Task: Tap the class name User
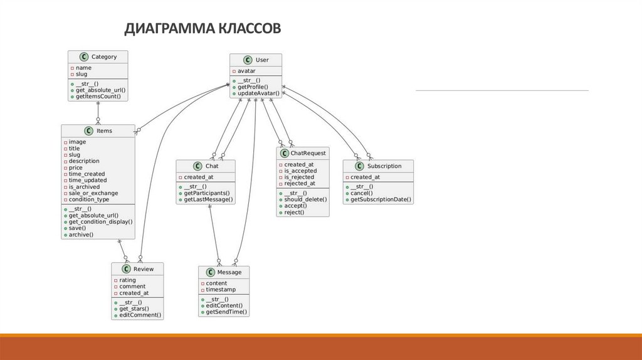click(x=262, y=60)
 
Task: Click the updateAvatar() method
click(x=258, y=93)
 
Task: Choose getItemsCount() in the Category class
click(x=98, y=97)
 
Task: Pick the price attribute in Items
click(x=75, y=167)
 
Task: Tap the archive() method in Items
click(x=81, y=234)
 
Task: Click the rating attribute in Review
click(x=127, y=280)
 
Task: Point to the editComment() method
click(x=139, y=315)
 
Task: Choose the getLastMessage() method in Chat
click(x=208, y=199)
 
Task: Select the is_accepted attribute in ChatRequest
click(x=300, y=171)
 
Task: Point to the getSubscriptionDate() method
click(x=381, y=199)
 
